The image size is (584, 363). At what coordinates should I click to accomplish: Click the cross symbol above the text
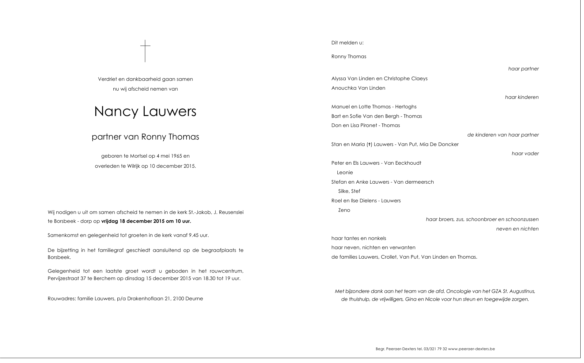click(x=145, y=51)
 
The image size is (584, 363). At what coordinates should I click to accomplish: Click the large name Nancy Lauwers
click(x=145, y=111)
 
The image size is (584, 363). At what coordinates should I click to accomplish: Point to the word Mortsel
click(x=138, y=156)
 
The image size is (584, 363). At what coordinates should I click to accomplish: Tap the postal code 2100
click(x=178, y=299)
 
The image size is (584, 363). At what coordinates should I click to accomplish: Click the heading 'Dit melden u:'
click(x=347, y=43)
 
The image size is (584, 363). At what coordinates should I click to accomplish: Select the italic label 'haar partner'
click(x=523, y=69)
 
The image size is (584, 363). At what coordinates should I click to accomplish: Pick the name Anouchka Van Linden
click(x=358, y=88)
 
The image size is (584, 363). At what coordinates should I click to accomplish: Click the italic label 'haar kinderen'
click(x=521, y=97)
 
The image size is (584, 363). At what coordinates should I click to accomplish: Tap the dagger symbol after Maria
click(x=370, y=144)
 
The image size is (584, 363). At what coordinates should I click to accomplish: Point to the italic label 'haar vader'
click(x=525, y=154)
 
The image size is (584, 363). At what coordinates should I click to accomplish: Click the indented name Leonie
click(x=345, y=173)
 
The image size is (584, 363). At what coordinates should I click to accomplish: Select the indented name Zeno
click(x=344, y=210)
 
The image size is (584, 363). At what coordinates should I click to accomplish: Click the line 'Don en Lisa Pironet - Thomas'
click(x=365, y=125)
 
